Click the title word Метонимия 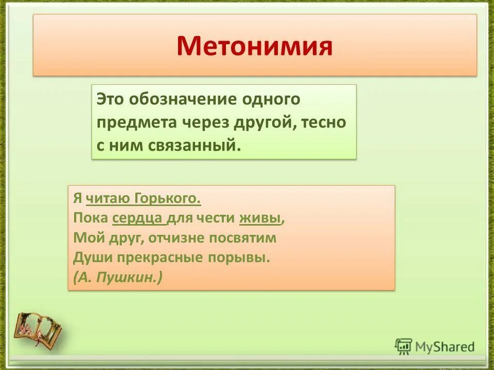(255, 46)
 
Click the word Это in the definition (111, 99)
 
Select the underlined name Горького (168, 198)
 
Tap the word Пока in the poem (90, 218)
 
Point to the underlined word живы (260, 218)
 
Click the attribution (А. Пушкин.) (118, 277)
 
